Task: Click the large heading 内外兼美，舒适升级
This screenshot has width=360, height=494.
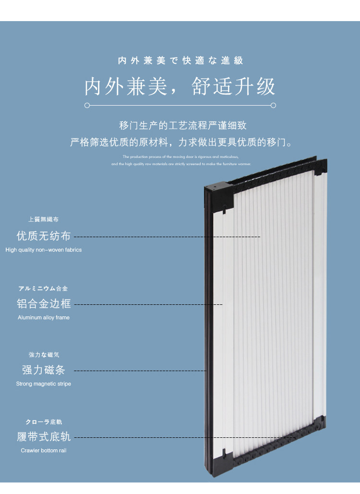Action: point(180,86)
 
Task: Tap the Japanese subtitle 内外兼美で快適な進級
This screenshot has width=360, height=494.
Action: point(180,61)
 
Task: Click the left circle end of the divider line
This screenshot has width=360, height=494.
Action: point(87,105)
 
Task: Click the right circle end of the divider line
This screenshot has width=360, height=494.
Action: point(273,105)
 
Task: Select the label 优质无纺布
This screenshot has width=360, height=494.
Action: point(43,236)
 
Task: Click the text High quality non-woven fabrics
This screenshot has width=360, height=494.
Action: point(43,250)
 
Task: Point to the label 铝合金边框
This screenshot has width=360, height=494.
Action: point(43,303)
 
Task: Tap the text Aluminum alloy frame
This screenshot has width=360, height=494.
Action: point(43,317)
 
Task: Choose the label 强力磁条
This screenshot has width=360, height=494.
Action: point(43,370)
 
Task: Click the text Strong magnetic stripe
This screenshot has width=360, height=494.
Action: point(43,384)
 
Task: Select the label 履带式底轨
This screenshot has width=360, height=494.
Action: point(43,437)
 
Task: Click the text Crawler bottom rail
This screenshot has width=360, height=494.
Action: point(43,451)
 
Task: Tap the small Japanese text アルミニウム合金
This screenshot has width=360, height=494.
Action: point(43,289)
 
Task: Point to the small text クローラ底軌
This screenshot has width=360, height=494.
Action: point(43,422)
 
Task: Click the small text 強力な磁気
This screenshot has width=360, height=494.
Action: point(43,355)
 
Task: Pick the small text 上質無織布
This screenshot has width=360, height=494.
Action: point(43,219)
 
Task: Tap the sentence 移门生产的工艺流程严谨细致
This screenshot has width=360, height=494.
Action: point(183,126)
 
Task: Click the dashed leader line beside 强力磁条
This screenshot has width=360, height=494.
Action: point(139,371)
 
